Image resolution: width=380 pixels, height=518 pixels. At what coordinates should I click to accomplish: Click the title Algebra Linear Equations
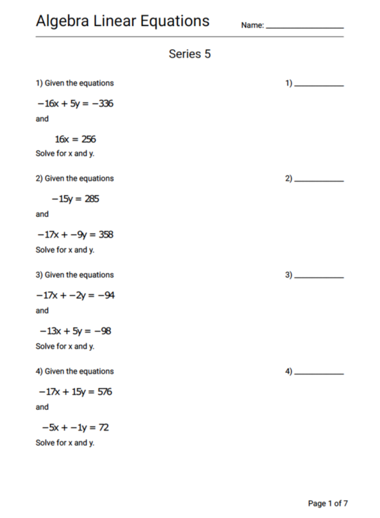pos(122,21)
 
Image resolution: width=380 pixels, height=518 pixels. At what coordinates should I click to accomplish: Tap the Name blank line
pos(304,27)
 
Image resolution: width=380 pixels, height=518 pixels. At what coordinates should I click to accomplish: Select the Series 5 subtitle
pos(190,54)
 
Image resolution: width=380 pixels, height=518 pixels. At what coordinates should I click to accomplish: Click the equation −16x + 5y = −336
pos(75,103)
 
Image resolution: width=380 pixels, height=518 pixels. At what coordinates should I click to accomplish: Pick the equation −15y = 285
pos(76,199)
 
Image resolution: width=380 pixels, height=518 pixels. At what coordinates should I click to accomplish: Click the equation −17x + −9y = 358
pos(75,234)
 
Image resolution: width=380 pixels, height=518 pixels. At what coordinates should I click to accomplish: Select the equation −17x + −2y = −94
pos(76,295)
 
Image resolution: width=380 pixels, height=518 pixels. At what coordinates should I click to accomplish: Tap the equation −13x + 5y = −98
pos(76,331)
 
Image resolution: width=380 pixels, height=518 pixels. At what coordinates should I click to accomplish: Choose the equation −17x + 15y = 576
pos(76,392)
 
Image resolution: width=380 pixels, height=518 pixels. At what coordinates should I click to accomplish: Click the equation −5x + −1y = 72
pos(75,427)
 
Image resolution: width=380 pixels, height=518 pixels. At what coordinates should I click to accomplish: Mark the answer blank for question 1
pos(319,85)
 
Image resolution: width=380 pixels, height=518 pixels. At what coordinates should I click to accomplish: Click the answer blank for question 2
pos(319,181)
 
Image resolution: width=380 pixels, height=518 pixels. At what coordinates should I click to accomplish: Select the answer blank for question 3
pos(319,277)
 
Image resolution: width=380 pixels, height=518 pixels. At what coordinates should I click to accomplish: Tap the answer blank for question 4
pos(319,374)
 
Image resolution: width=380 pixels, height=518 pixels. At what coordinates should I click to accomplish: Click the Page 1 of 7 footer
pos(328,503)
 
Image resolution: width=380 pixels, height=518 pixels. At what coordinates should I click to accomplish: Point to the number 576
pos(105,392)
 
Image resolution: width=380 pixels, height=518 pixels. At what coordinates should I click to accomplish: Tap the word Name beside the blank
pos(251,25)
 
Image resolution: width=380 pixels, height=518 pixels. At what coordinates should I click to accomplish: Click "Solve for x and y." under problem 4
pos(65,443)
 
